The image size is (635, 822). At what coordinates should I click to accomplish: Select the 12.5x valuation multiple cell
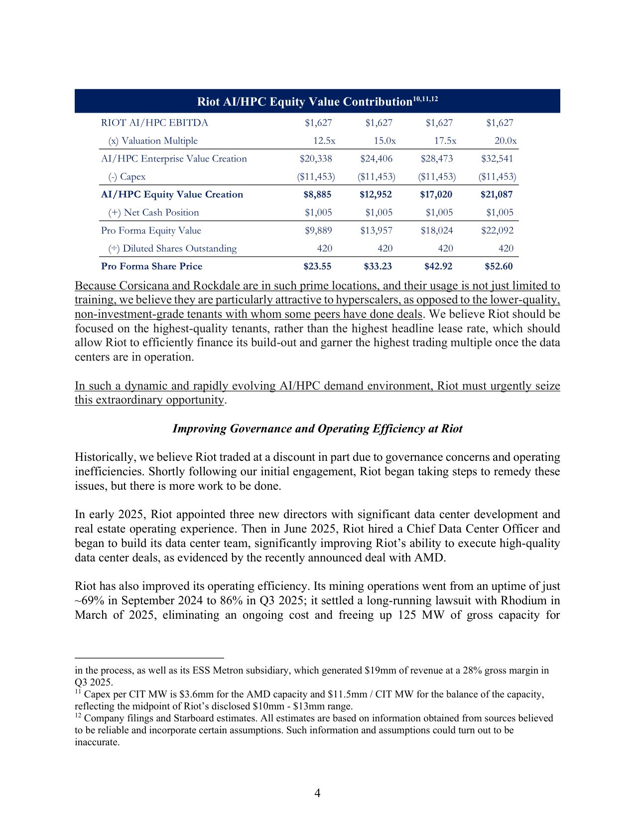click(x=324, y=141)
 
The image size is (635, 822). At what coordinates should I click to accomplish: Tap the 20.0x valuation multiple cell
click(x=506, y=141)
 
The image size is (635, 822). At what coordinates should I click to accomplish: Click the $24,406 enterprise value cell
click(x=376, y=159)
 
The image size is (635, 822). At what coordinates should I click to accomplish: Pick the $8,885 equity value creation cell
click(x=317, y=195)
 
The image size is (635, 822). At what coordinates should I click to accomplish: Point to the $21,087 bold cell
click(x=496, y=195)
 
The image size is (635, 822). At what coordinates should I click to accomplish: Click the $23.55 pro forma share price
click(x=317, y=267)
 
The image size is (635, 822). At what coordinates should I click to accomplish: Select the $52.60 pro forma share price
click(x=499, y=267)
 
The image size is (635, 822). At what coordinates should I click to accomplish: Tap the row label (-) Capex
click(x=127, y=177)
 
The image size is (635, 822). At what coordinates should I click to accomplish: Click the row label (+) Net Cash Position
click(x=153, y=213)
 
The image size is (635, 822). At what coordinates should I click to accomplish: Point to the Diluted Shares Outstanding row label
click(x=172, y=249)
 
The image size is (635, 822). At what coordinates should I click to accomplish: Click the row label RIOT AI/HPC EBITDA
click(x=154, y=123)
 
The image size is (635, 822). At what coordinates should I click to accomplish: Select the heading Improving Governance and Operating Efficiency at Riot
click(x=317, y=429)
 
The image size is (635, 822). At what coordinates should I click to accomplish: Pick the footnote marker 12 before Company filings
click(x=78, y=716)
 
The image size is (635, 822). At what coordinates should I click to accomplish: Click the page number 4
click(x=317, y=793)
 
